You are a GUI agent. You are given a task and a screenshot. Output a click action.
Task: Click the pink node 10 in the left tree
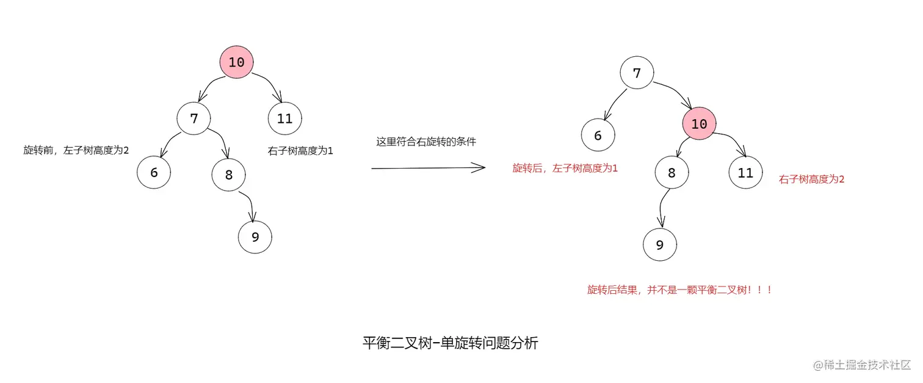[x=236, y=62]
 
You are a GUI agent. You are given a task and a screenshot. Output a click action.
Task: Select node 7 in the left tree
[x=194, y=119]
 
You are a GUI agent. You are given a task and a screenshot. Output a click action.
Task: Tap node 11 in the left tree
[x=285, y=119]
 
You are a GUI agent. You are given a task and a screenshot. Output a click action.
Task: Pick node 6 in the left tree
[x=154, y=172]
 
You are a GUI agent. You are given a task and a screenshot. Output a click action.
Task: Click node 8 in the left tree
[x=229, y=175]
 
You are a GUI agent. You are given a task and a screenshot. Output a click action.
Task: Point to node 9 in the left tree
[x=255, y=237]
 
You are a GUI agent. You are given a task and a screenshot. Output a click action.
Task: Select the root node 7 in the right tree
[x=637, y=73]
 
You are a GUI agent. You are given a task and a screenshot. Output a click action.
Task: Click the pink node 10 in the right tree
[x=699, y=124]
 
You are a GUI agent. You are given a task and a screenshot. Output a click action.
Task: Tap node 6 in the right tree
[x=598, y=136]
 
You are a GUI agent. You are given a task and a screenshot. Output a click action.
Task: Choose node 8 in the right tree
[x=671, y=172]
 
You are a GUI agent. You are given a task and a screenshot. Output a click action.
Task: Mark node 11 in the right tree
[x=745, y=172]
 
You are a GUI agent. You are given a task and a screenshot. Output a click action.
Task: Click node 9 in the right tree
[x=660, y=245]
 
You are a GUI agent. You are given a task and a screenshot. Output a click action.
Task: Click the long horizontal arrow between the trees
[x=427, y=167]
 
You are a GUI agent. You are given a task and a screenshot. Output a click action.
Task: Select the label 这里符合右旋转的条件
[x=426, y=142]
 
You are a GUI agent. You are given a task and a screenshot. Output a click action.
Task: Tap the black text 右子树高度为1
[x=300, y=150]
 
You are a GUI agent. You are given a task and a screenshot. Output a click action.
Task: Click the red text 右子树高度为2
[x=811, y=180]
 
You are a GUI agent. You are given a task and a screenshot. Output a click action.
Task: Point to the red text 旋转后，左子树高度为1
[x=565, y=168]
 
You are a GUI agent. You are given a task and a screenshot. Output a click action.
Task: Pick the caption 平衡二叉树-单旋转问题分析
[x=450, y=343]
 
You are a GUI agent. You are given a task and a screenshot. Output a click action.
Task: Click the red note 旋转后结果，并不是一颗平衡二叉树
[x=679, y=290]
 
